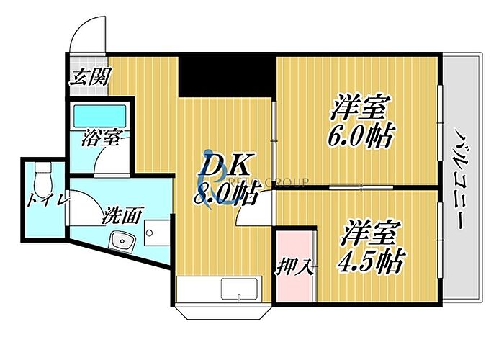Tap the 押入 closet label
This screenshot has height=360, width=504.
point(294,266)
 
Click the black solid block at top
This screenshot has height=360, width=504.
point(226,74)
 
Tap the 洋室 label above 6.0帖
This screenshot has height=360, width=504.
point(360,108)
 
